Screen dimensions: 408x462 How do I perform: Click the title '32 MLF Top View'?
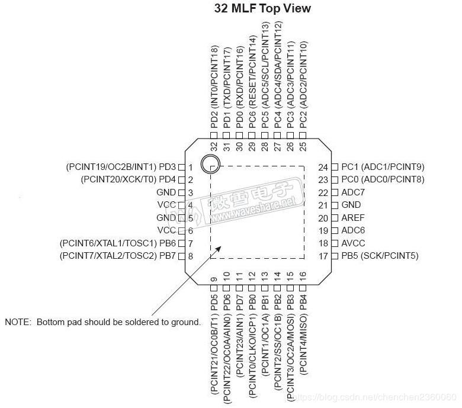coord(262,9)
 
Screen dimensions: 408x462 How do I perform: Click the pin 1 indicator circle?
coord(209,164)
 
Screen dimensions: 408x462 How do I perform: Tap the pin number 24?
coord(323,168)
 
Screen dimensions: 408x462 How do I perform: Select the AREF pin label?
coord(352,218)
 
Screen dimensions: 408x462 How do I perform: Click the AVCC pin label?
coord(353,243)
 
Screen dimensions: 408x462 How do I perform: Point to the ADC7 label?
coord(353,192)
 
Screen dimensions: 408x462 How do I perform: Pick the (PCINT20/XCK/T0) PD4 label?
coord(129,179)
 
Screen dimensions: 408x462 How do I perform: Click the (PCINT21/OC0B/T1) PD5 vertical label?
coord(214,344)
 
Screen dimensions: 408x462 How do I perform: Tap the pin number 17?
coord(323,256)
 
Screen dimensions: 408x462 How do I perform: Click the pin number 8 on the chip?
coord(191,256)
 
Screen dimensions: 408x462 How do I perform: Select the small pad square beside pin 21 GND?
coord(335,205)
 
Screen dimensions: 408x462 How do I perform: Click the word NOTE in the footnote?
coord(18,323)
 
